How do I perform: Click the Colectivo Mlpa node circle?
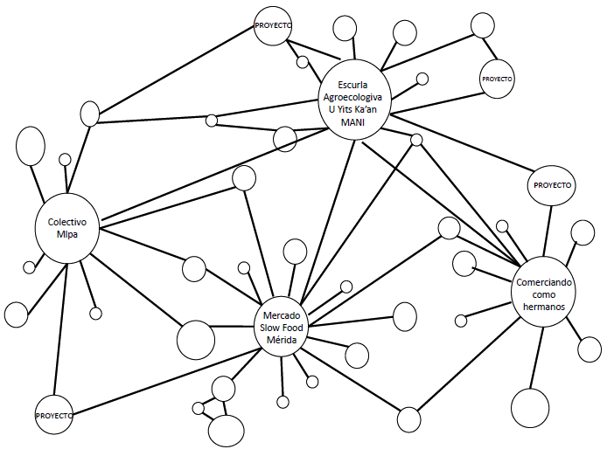(67, 229)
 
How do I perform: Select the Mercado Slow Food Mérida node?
(279, 327)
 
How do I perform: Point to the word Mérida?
(280, 339)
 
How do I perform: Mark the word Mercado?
(280, 314)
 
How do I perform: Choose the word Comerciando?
(544, 283)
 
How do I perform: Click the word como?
(545, 295)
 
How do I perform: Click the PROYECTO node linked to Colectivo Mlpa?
(54, 414)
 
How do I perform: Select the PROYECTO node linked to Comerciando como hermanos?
(552, 185)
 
